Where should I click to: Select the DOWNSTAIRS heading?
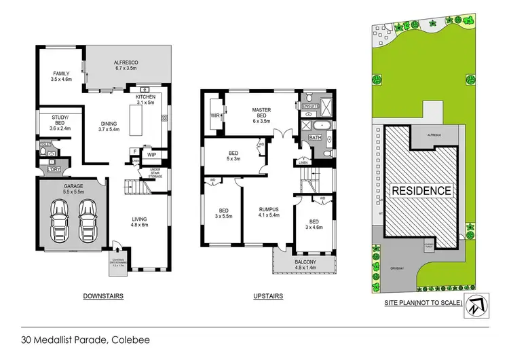(x=102, y=296)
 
